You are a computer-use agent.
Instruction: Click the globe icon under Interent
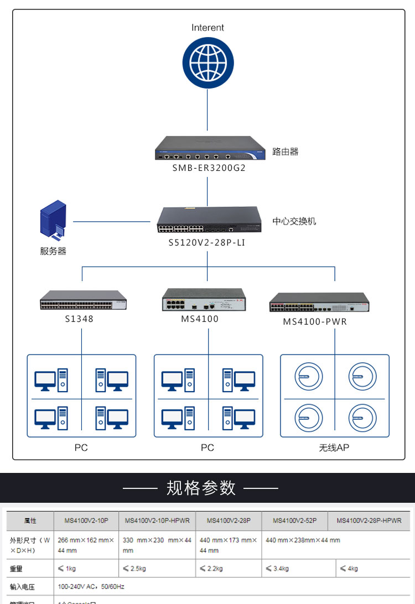pos(207,63)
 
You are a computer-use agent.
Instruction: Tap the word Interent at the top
pos(207,28)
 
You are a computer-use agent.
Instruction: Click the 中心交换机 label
pos(294,221)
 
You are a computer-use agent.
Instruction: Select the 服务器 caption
pos(53,251)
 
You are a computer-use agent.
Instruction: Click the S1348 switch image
pos(83,300)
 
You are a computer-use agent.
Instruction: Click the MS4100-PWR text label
pos(315,321)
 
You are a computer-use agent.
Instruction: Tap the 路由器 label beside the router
pos(286,151)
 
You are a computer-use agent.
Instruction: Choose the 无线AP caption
pos(334,447)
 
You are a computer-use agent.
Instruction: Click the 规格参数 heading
pos(201,488)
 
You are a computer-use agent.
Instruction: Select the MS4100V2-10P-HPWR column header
pos(157,520)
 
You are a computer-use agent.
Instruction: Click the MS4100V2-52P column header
pos(294,520)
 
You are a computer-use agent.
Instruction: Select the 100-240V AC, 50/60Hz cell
pos(91,586)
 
